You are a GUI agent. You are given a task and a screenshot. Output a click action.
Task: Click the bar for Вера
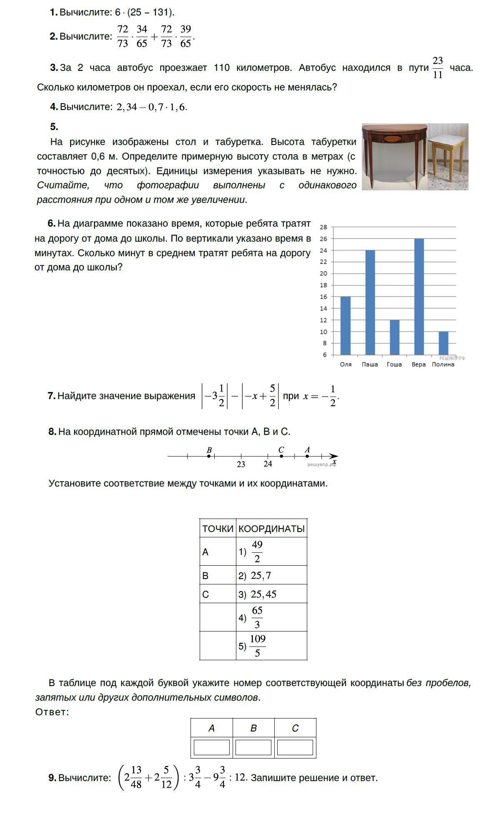click(419, 297)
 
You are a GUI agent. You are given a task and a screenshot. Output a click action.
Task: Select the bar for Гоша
click(394, 337)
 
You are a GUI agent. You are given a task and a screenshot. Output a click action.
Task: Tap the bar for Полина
click(443, 343)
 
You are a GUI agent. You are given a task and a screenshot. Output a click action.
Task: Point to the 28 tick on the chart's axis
click(323, 227)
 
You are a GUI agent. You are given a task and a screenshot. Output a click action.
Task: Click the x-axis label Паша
click(370, 364)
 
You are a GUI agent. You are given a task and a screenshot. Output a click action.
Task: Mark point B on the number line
click(209, 456)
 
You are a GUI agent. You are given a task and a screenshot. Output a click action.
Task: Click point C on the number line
click(281, 456)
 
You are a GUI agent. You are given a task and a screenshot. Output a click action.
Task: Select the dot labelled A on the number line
click(307, 456)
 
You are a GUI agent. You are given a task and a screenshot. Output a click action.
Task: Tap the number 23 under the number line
click(241, 464)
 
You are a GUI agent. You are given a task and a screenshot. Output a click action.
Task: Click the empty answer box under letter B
click(253, 747)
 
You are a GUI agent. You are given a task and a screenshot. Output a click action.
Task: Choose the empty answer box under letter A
click(211, 747)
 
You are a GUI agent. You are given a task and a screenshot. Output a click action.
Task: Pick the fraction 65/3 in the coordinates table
click(257, 617)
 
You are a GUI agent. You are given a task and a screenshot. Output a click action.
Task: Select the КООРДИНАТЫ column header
click(271, 529)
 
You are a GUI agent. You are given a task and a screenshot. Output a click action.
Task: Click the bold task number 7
click(52, 396)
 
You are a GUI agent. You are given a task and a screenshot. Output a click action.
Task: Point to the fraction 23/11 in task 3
click(437, 68)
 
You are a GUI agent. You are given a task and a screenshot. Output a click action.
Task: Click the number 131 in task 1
click(160, 12)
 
